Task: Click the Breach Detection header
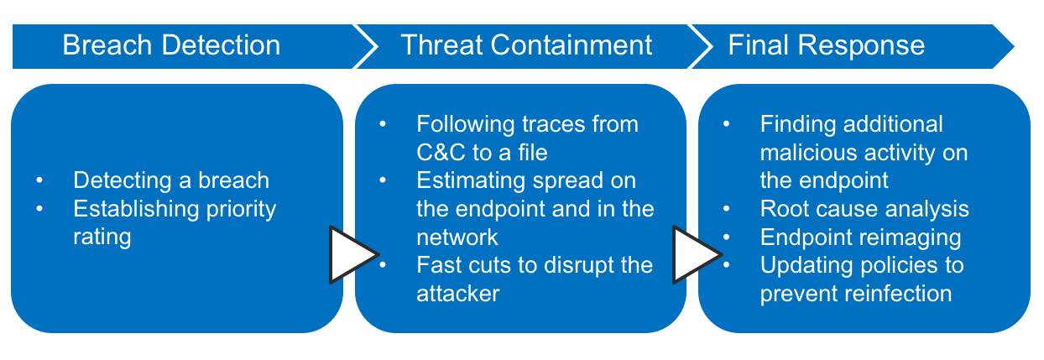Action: point(171,45)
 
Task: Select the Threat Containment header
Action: point(526,45)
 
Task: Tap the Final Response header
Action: point(826,45)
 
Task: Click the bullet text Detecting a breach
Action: point(171,180)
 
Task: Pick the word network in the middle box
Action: point(457,237)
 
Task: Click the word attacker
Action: point(458,294)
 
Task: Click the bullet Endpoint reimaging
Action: point(860,237)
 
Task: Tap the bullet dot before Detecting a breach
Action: point(39,180)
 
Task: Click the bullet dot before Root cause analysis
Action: point(727,209)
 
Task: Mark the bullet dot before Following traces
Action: point(384,124)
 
